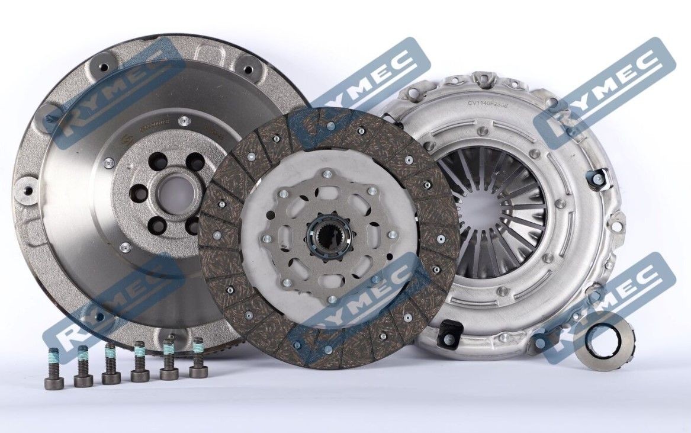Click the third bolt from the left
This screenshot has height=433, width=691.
click(111, 364)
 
